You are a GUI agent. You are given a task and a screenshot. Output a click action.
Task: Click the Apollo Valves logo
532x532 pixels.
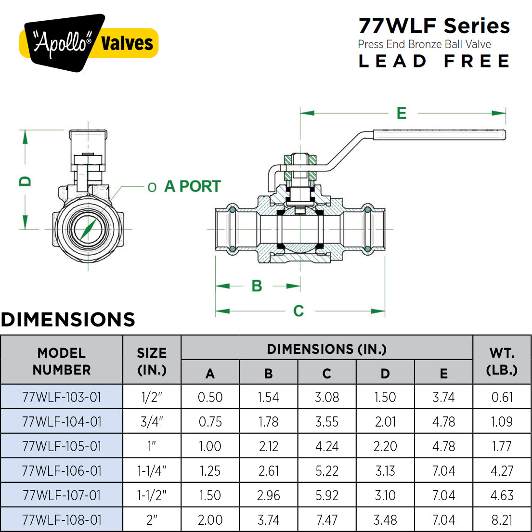tap(89, 43)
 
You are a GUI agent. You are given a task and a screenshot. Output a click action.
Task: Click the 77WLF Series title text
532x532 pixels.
tap(434, 26)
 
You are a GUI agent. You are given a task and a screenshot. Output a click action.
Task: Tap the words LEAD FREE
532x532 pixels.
tap(434, 61)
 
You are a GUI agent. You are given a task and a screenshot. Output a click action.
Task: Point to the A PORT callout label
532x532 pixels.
tap(192, 186)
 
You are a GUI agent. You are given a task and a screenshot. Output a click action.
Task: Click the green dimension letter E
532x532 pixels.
tap(402, 113)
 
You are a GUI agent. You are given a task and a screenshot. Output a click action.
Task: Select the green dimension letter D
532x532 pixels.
tap(25, 181)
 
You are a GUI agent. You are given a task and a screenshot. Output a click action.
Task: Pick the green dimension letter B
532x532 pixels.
tap(257, 286)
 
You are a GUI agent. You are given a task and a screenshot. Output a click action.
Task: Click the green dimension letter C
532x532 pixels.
tap(298, 311)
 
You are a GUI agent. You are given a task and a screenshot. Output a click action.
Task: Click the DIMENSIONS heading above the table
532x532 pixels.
tap(68, 320)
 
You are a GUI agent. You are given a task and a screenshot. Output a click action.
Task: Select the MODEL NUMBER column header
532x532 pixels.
tap(62, 361)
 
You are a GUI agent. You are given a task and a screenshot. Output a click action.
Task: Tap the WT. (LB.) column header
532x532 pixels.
tap(502, 361)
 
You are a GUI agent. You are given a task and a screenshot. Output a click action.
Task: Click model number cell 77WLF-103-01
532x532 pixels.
tap(62, 397)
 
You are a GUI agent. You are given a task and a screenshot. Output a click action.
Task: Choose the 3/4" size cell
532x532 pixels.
tap(152, 422)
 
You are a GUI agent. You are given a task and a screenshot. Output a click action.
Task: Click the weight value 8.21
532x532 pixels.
tap(502, 520)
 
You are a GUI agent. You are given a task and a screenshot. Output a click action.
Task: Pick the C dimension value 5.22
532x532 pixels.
tap(327, 471)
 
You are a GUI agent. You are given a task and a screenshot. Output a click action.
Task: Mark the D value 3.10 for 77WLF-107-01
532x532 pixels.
tap(385, 495)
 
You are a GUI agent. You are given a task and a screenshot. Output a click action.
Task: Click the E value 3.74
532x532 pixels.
tap(443, 397)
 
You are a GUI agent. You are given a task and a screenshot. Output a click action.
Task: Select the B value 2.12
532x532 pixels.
tap(268, 446)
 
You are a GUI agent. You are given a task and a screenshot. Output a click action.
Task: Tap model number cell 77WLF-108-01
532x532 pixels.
tap(62, 520)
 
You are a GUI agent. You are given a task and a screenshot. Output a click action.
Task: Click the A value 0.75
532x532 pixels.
tap(210, 422)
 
